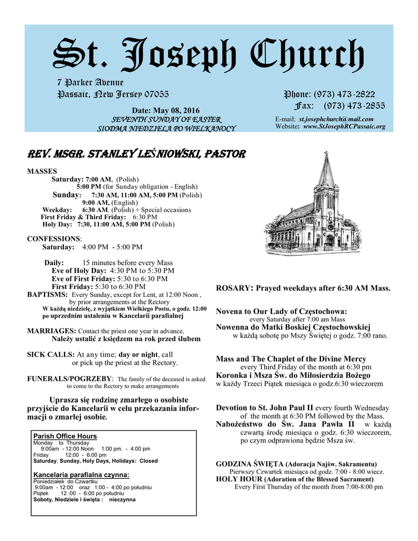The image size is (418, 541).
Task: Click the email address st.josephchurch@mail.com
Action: pos(336,119)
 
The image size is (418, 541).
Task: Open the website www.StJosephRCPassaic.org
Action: pos(344,127)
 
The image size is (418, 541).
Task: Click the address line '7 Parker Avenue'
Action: pos(90,83)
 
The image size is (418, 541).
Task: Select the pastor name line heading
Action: pos(136,155)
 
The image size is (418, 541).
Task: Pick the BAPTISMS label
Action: pos(47,294)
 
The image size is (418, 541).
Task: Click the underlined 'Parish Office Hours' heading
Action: pos(65,436)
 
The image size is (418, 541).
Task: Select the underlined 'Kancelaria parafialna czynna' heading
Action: pos(81,475)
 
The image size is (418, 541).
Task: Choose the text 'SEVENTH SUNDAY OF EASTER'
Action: pos(166,120)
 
